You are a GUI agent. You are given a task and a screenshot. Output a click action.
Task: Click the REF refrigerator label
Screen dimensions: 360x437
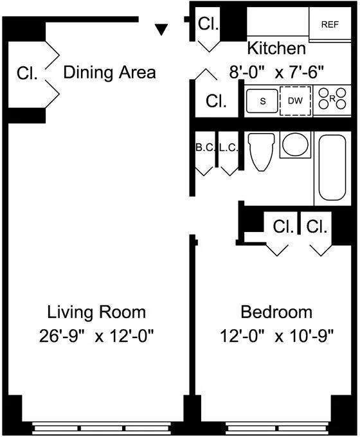[x=330, y=24]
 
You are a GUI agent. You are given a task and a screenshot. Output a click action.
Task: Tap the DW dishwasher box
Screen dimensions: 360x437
[x=295, y=101]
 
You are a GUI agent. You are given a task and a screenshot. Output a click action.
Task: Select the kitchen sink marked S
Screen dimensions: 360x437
[x=262, y=101]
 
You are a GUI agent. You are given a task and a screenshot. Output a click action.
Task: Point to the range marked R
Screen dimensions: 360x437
[x=332, y=98]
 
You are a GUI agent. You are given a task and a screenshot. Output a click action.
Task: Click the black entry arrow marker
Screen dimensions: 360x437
[x=161, y=30]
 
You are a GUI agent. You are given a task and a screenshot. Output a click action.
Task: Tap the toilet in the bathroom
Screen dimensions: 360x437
[x=261, y=151]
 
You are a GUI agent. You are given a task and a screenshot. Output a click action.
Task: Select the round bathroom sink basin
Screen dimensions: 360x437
[x=295, y=145]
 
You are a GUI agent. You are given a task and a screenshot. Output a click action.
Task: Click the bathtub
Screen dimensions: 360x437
[x=332, y=168]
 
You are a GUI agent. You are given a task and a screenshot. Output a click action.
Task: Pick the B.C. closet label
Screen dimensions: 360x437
[x=205, y=148]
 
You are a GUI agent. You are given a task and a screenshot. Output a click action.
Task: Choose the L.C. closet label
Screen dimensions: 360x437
[x=229, y=148]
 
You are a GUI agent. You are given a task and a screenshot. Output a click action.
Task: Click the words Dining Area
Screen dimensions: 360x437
[x=109, y=73]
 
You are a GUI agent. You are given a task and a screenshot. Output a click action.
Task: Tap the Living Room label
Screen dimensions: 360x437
[x=96, y=312]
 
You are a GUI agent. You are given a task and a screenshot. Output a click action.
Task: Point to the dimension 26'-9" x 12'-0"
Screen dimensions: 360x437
[x=96, y=336]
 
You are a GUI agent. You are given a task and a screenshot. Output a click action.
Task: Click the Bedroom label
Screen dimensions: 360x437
[x=276, y=312]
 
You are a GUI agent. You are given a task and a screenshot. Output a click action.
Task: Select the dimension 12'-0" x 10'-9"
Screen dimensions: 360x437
[x=277, y=336]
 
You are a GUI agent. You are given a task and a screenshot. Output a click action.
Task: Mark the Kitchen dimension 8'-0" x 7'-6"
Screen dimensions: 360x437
[x=276, y=73]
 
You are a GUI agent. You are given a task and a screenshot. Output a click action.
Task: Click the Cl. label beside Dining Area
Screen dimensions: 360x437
[x=27, y=73]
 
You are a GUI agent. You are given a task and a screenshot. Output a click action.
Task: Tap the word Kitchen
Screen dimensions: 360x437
[x=276, y=48]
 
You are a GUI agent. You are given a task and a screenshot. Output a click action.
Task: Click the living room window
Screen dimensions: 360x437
[x=101, y=428]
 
